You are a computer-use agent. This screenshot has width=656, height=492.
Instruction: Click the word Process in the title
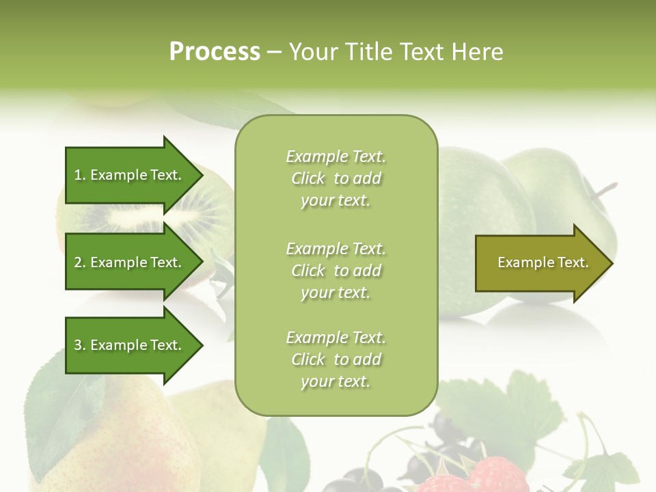click(x=215, y=51)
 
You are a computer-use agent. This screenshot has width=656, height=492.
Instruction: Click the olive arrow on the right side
click(x=540, y=263)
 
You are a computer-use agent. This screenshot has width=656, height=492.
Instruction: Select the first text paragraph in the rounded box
click(x=336, y=178)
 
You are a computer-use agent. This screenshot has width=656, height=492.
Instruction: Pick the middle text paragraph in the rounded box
click(x=336, y=270)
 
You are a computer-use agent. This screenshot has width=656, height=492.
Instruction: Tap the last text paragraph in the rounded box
click(x=336, y=359)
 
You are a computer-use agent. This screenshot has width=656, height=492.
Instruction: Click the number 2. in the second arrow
click(x=80, y=262)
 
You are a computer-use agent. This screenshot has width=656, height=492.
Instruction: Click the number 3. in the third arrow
click(x=80, y=345)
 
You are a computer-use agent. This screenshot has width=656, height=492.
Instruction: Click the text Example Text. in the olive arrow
click(x=543, y=262)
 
